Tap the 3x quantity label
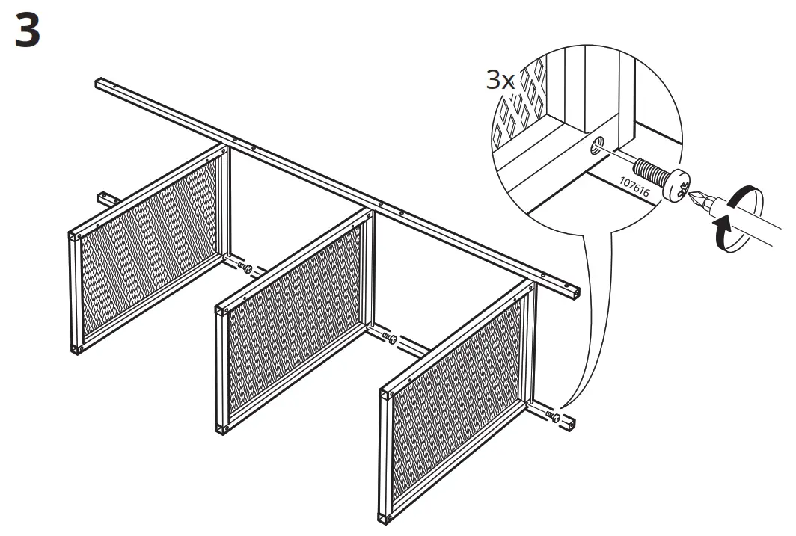click(500, 79)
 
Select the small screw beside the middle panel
click(389, 339)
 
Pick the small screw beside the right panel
click(554, 416)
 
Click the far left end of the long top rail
click(100, 82)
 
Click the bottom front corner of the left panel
click(76, 348)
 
